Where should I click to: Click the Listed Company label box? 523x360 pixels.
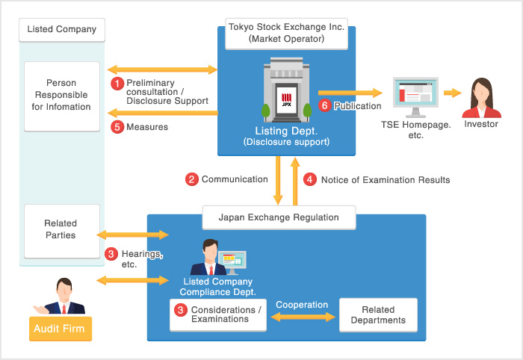coord(61,30)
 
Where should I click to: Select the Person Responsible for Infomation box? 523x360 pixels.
coord(61,96)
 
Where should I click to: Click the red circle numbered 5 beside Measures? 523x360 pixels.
coord(117,127)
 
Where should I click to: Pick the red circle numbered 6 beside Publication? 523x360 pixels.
coord(324,106)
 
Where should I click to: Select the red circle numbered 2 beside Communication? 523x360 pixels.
coord(192,179)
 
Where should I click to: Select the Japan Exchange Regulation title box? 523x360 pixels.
coord(278,218)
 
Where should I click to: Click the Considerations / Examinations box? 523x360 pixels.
coord(218,314)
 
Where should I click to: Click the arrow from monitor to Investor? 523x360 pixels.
coord(451,93)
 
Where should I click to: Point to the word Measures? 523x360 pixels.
coord(147,127)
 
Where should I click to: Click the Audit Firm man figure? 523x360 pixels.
coord(62,298)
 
